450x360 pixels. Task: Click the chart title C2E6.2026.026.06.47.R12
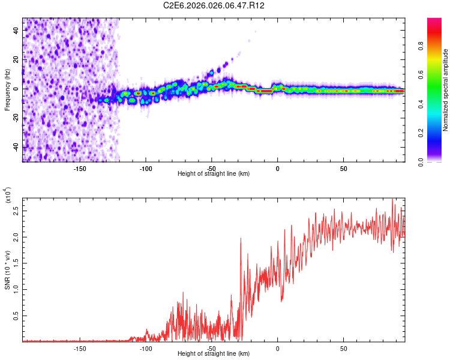214,6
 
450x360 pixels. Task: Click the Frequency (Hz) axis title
8,90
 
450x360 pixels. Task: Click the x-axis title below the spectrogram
214,174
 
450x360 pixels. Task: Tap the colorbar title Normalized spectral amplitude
446,90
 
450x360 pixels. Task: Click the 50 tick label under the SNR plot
344,348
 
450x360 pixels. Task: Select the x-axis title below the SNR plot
214,354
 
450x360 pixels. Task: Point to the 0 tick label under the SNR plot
278,348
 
